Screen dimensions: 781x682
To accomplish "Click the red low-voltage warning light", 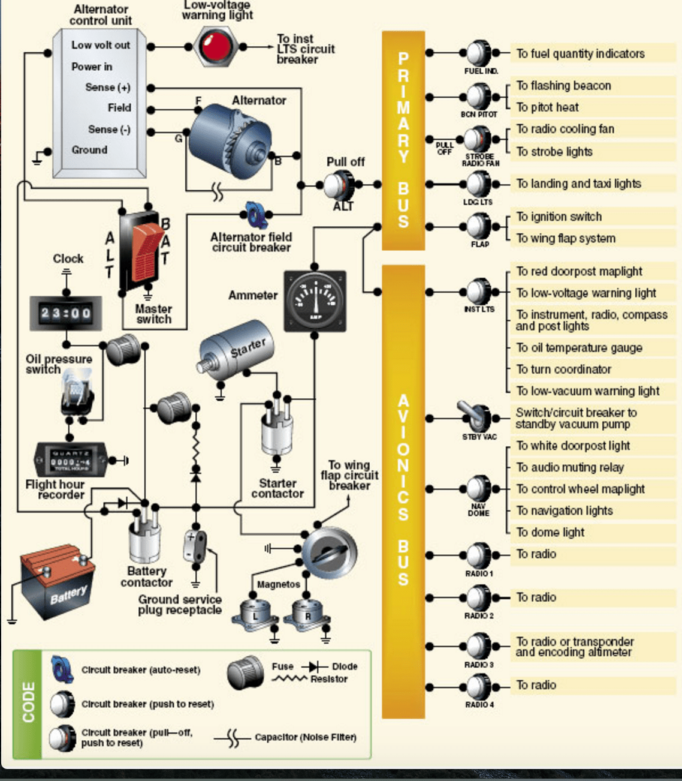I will (x=215, y=46).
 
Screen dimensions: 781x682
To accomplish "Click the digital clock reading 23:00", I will (x=66, y=313).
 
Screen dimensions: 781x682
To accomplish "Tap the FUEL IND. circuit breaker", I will (x=479, y=53).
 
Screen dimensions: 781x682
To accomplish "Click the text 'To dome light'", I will (x=550, y=532).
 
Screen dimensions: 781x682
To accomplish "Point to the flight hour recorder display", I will (x=71, y=460).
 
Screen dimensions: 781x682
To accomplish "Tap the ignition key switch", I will (x=329, y=552).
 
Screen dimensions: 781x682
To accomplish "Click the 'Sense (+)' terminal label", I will (x=107, y=88).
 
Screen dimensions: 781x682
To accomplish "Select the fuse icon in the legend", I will (x=246, y=672).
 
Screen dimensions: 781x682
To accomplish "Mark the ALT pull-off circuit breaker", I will (x=340, y=185).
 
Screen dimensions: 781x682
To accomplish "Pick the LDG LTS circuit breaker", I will (x=479, y=184).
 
